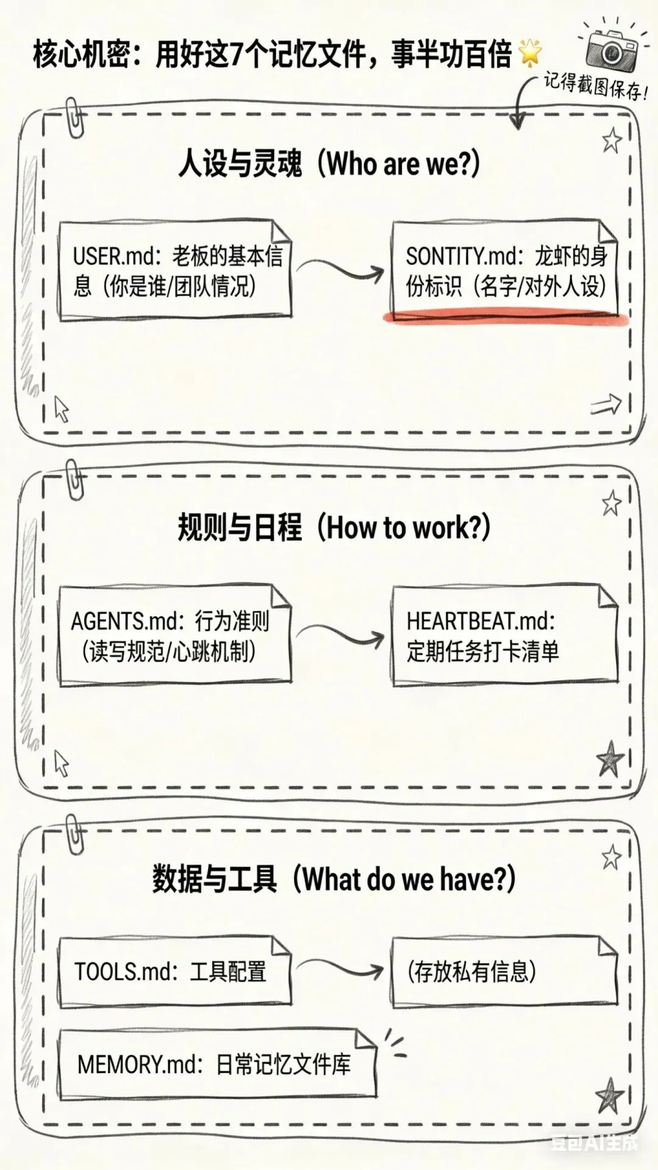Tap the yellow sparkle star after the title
click(x=530, y=53)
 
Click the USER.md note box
click(x=175, y=271)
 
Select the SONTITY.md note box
click(x=505, y=270)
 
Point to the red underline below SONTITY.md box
click(x=506, y=317)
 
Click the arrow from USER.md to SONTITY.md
click(x=341, y=268)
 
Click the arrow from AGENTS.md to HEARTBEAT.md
click(x=341, y=635)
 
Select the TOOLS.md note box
click(x=175, y=971)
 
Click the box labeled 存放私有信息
click(x=505, y=971)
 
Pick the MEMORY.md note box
click(x=217, y=1065)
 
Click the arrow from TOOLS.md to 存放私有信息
click(x=341, y=968)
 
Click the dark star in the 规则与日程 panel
click(x=610, y=759)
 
